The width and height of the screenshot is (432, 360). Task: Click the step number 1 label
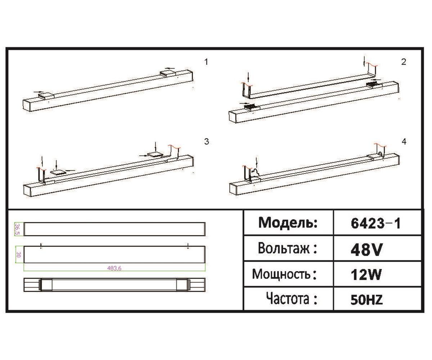pos(206,62)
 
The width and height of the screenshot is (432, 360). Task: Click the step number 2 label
pos(404,62)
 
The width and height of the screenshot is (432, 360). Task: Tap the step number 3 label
pos(206,141)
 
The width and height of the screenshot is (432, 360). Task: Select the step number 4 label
pos(404,141)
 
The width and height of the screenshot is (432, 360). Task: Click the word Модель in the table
pos(288,223)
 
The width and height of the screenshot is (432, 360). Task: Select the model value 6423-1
pos(375,224)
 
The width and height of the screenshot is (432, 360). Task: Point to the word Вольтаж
pos(288,248)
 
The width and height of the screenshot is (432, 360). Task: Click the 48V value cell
pos(366,249)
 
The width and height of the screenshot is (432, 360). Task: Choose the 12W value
pos(366,275)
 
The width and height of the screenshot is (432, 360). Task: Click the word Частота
pos(292,299)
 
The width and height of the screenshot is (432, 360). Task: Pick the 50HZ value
pos(366,300)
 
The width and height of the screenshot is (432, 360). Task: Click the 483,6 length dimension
pos(114,268)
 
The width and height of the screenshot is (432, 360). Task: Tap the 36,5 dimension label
pos(17,229)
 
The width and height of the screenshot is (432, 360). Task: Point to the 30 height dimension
pos(17,255)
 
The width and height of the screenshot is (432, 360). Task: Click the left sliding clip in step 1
pos(46,95)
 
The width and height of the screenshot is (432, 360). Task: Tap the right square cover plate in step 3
pos(155,154)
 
